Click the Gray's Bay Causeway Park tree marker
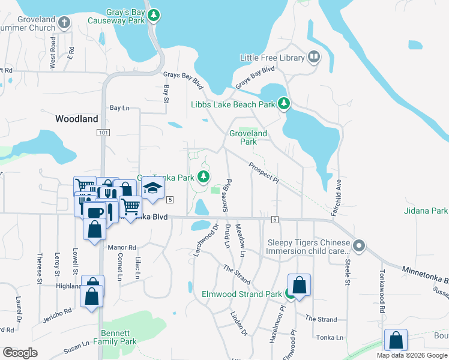click(x=155, y=14)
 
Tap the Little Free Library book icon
click(x=313, y=57)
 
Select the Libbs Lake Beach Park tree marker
click(x=284, y=104)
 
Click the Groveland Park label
click(x=248, y=137)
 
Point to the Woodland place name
click(x=76, y=119)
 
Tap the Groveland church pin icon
click(x=64, y=23)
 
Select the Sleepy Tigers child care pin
click(x=359, y=245)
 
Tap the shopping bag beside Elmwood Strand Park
click(x=300, y=285)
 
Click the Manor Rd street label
click(x=122, y=247)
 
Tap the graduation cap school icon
click(x=153, y=188)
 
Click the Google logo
click(x=20, y=353)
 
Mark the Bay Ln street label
click(x=119, y=108)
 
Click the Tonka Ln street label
click(x=331, y=338)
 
